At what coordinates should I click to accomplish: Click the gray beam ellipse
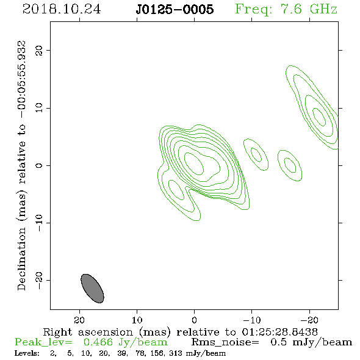pos(92,289)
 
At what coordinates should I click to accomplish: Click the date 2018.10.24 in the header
pos(62,9)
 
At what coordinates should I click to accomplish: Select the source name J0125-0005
pos(175,9)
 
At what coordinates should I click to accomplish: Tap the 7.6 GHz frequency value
pos(309,9)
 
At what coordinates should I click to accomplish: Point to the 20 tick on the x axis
pos(79,320)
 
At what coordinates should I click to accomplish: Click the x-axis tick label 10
pos(137,320)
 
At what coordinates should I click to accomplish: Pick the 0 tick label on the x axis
pos(194,320)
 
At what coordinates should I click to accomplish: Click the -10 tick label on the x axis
pos(251,320)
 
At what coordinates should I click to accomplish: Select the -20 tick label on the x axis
pos(309,320)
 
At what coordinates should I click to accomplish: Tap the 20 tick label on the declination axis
pos(39,50)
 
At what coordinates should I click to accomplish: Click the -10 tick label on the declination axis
pos(39,223)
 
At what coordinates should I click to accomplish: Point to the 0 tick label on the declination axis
pos(39,165)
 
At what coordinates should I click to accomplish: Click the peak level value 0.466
pos(98,342)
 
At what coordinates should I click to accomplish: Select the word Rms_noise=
pos(225,342)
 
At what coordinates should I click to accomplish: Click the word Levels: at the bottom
pos(27,353)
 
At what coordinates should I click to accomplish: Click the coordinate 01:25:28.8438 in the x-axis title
pos(279,332)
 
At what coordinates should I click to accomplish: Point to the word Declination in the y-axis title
pos(21,259)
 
